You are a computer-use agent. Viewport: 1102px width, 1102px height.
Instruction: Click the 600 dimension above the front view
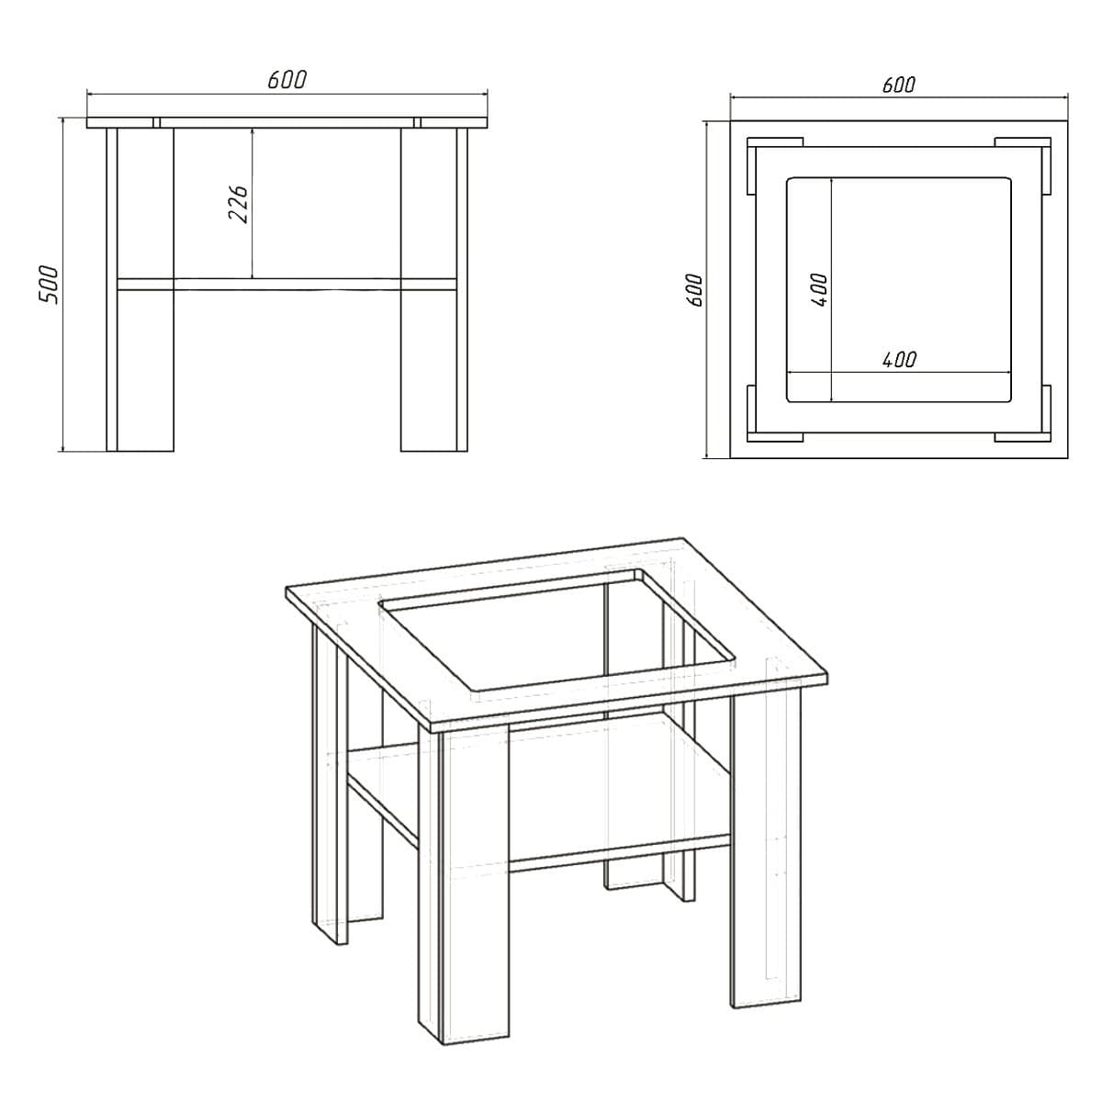(x=287, y=80)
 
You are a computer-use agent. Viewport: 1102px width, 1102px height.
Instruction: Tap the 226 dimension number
(x=238, y=204)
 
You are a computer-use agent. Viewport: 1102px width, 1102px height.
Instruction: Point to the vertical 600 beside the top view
(x=694, y=290)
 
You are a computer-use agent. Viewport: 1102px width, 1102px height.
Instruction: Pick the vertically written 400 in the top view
(x=819, y=290)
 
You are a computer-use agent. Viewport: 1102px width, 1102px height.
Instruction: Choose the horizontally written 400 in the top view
(x=899, y=359)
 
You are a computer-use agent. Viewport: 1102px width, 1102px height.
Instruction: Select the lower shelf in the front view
(x=287, y=285)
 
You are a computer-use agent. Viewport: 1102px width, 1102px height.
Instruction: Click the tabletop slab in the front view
(x=287, y=122)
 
